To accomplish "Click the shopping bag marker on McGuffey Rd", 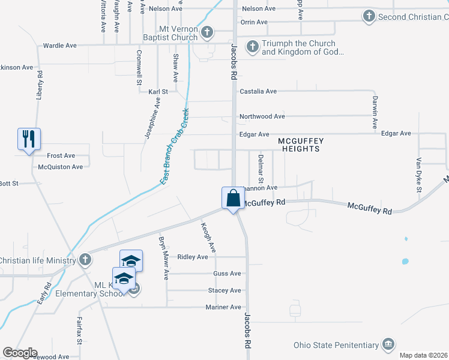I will [232, 198].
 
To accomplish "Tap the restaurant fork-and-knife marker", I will [29, 140].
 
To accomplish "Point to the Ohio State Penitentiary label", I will [336, 345].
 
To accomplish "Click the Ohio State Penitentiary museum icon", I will [388, 344].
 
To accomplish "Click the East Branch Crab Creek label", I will [175, 146].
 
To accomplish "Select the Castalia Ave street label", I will [258, 91].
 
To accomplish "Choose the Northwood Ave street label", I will [262, 116].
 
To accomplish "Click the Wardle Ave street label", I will [60, 45].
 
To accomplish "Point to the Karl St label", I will [158, 92].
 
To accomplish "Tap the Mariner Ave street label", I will [223, 307].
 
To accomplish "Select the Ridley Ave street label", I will [193, 257].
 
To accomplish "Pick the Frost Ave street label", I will [61, 155].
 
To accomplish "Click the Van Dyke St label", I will [420, 175].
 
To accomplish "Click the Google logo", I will [20, 353].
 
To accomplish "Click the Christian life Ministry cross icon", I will [85, 260].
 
